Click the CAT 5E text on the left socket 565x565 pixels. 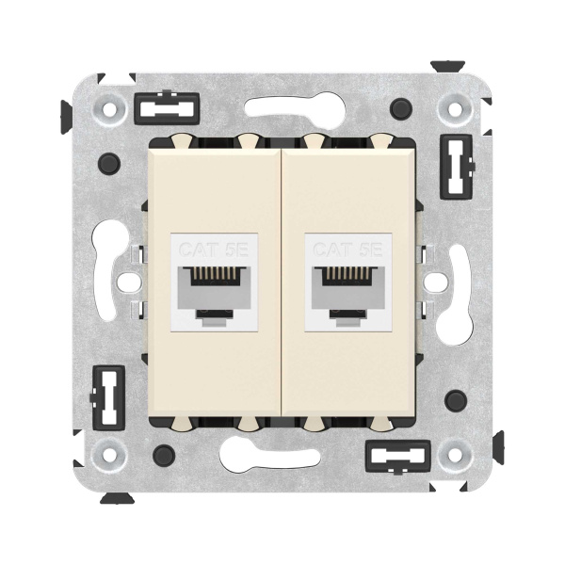click(x=213, y=250)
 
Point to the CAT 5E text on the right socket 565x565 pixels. click(x=348, y=250)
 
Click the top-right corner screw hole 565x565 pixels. click(x=457, y=109)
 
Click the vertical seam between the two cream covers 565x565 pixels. click(x=282, y=282)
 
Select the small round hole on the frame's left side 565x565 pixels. click(x=125, y=281)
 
